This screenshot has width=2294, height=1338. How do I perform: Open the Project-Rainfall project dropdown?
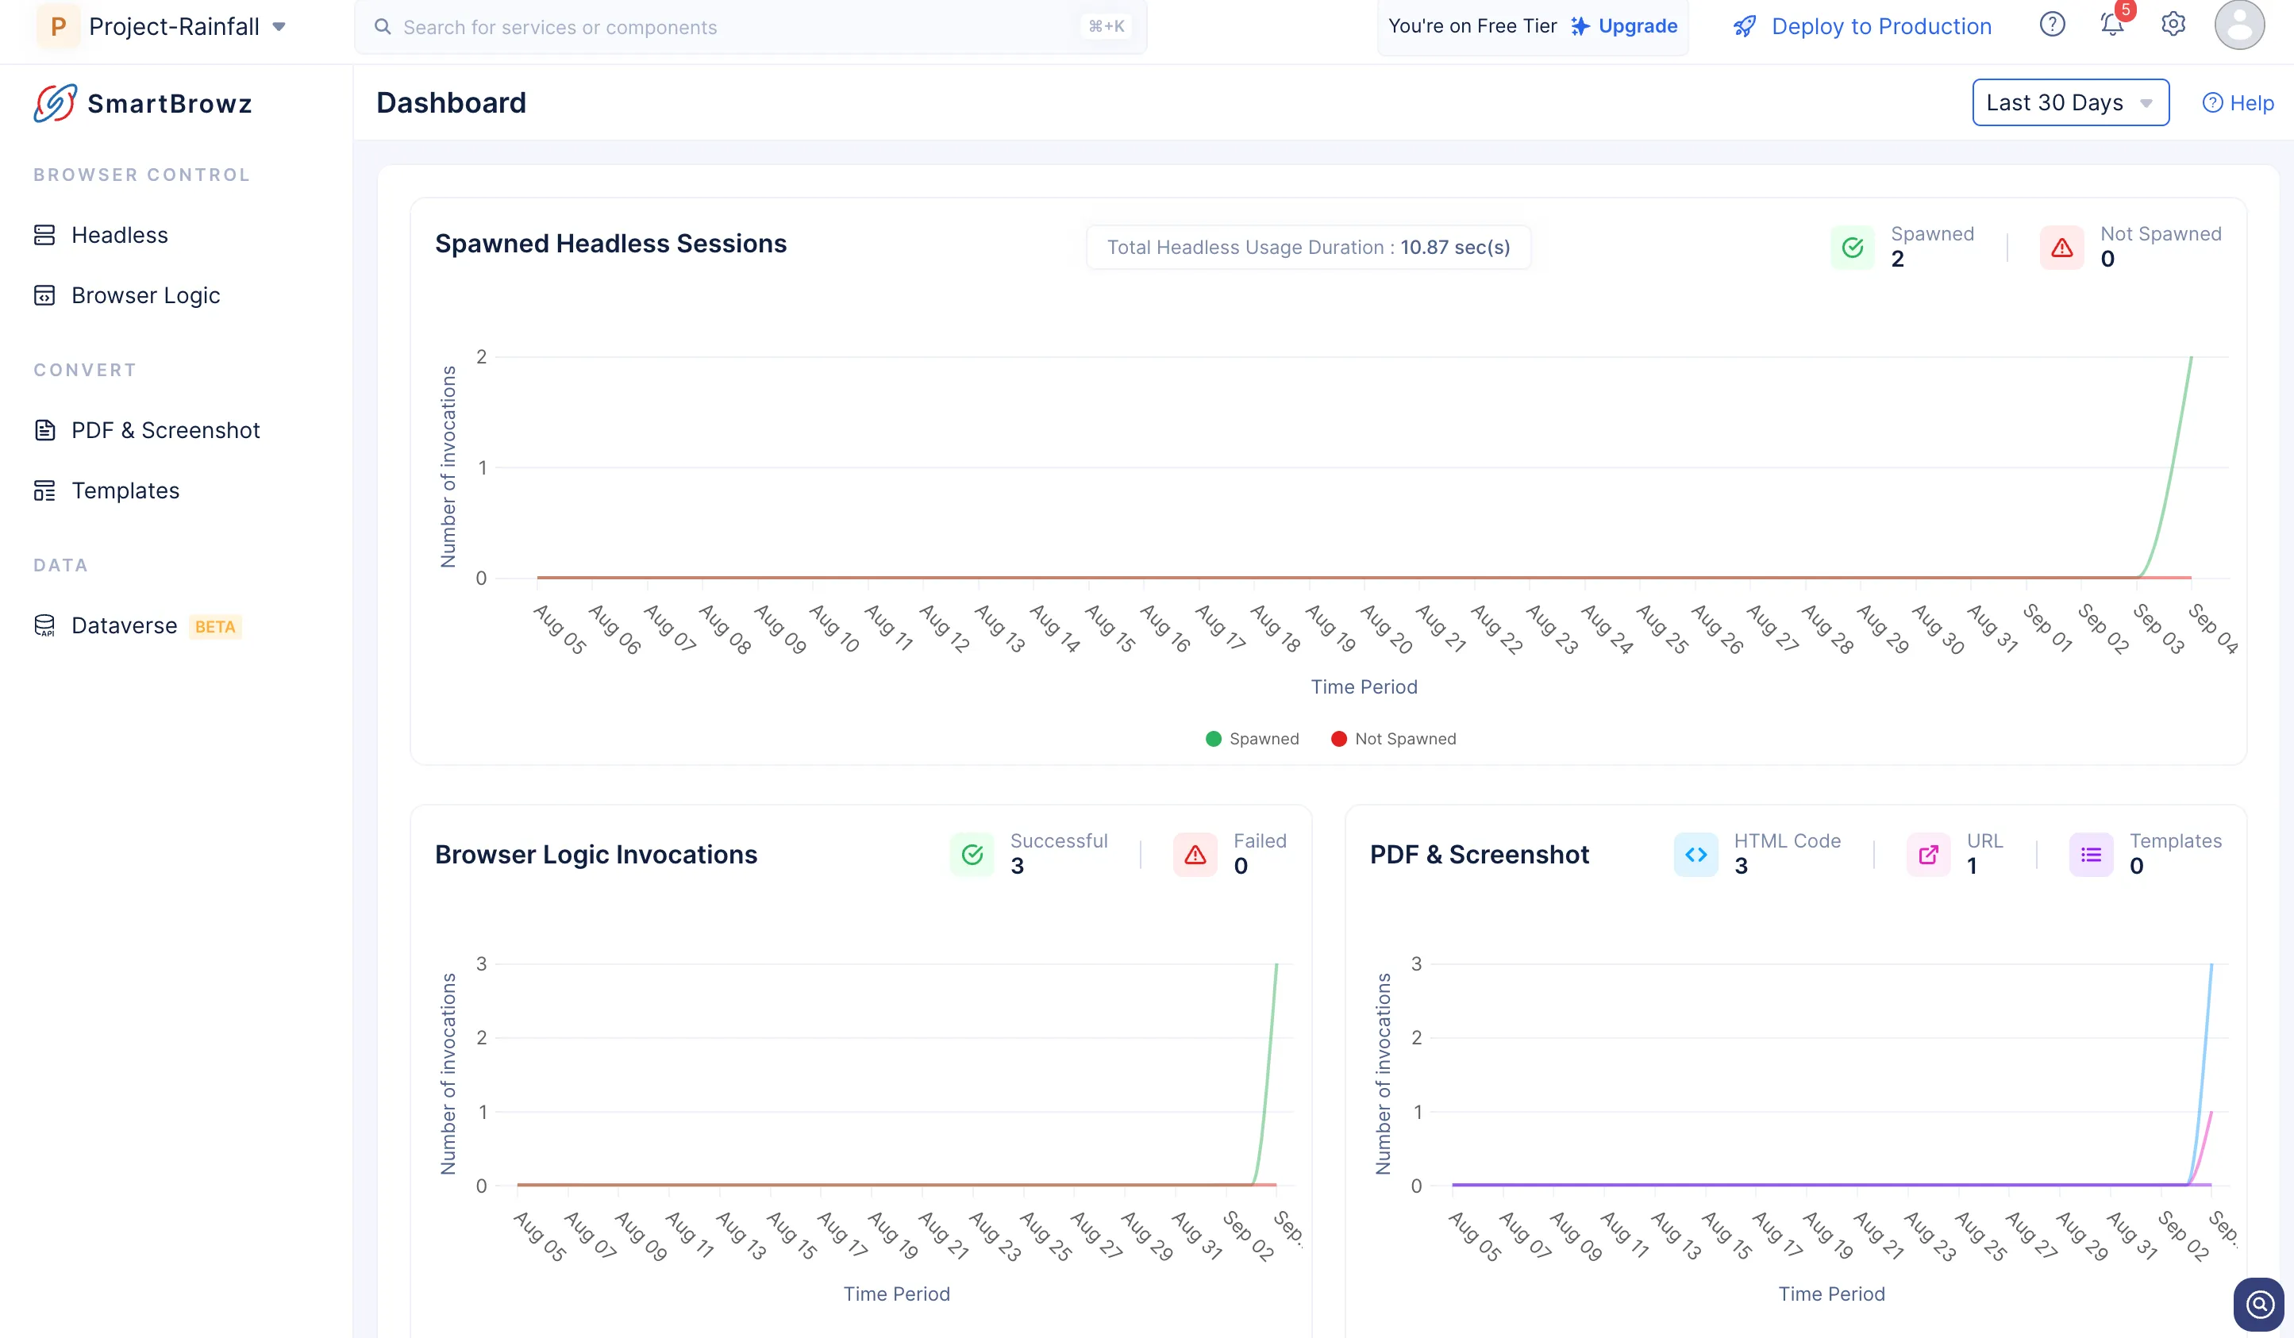pyautogui.click(x=173, y=26)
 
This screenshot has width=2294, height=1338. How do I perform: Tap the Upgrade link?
pyautogui.click(x=1637, y=26)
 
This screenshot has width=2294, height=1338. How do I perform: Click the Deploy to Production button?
pyautogui.click(x=1861, y=26)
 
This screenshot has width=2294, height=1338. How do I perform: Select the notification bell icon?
pyautogui.click(x=2112, y=25)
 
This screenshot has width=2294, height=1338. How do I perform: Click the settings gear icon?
pyautogui.click(x=2173, y=25)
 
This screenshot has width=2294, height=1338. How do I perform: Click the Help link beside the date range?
pyautogui.click(x=2238, y=103)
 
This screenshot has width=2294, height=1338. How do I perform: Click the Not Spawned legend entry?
pyautogui.click(x=1394, y=738)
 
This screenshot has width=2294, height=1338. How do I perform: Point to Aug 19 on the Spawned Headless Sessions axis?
pyautogui.click(x=1331, y=628)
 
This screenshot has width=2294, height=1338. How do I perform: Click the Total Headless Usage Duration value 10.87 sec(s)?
pyautogui.click(x=1455, y=247)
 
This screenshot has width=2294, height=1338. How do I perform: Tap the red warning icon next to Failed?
pyautogui.click(x=1195, y=855)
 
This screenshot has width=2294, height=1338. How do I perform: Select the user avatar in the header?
pyautogui.click(x=2239, y=25)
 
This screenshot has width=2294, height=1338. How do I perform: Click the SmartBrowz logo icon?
pyautogui.click(x=55, y=103)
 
